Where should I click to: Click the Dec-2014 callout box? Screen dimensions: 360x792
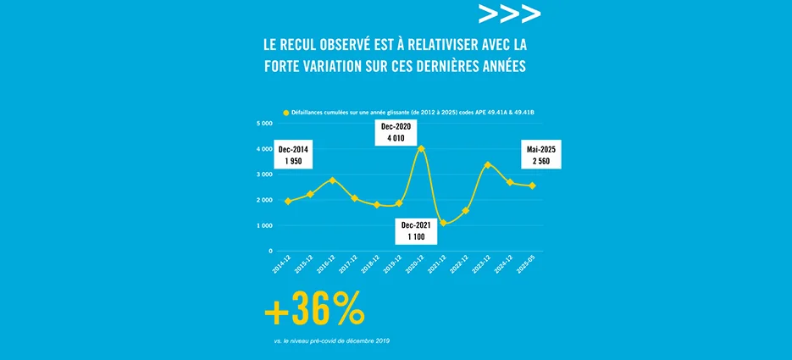[294, 156]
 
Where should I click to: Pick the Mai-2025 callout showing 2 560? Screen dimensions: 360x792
[543, 156]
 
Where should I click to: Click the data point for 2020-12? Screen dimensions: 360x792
[421, 148]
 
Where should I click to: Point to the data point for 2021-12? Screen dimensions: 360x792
[443, 223]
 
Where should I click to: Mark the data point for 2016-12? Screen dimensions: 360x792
[332, 180]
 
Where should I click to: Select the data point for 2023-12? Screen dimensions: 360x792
[487, 165]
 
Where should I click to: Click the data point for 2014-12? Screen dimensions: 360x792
[288, 202]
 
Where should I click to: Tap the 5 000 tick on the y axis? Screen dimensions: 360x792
[263, 123]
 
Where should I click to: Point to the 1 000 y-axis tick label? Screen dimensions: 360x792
[263, 225]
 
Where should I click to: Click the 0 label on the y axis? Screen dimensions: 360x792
[269, 251]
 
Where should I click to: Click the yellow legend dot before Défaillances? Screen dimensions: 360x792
[286, 112]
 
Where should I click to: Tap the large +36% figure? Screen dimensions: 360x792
[314, 312]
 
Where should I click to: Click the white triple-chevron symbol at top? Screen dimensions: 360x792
[509, 14]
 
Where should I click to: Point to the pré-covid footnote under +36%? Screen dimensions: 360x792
[332, 341]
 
